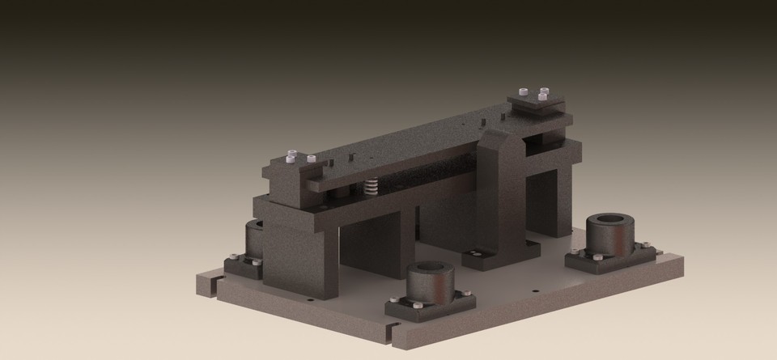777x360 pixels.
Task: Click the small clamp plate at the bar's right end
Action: coord(536,102)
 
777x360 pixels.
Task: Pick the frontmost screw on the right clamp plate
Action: coord(541,96)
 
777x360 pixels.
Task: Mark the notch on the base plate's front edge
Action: coord(392,328)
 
